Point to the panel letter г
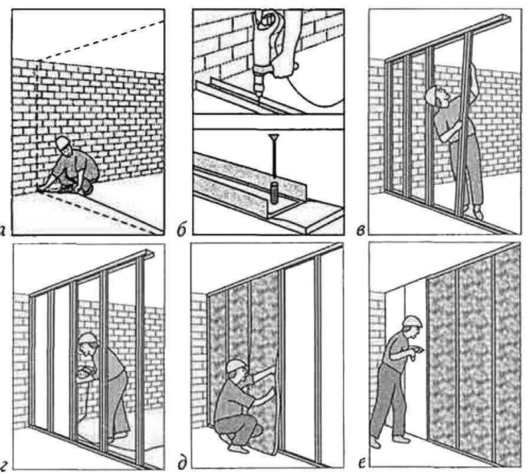click(5, 464)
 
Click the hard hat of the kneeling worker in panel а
click(62, 142)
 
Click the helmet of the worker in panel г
click(87, 338)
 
